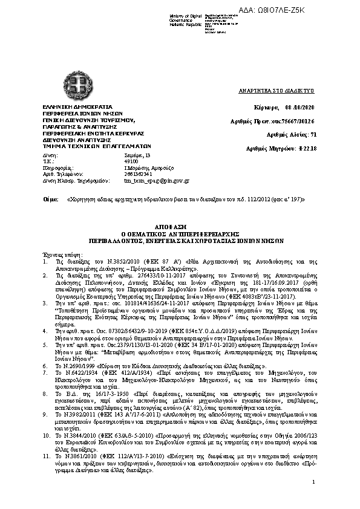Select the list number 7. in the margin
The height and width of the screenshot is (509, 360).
45,372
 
